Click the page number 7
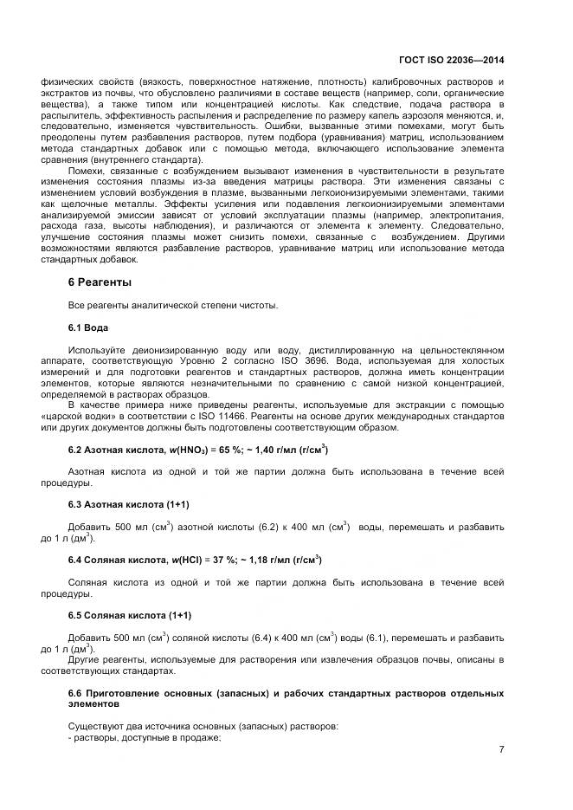501,750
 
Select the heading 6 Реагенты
100,282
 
